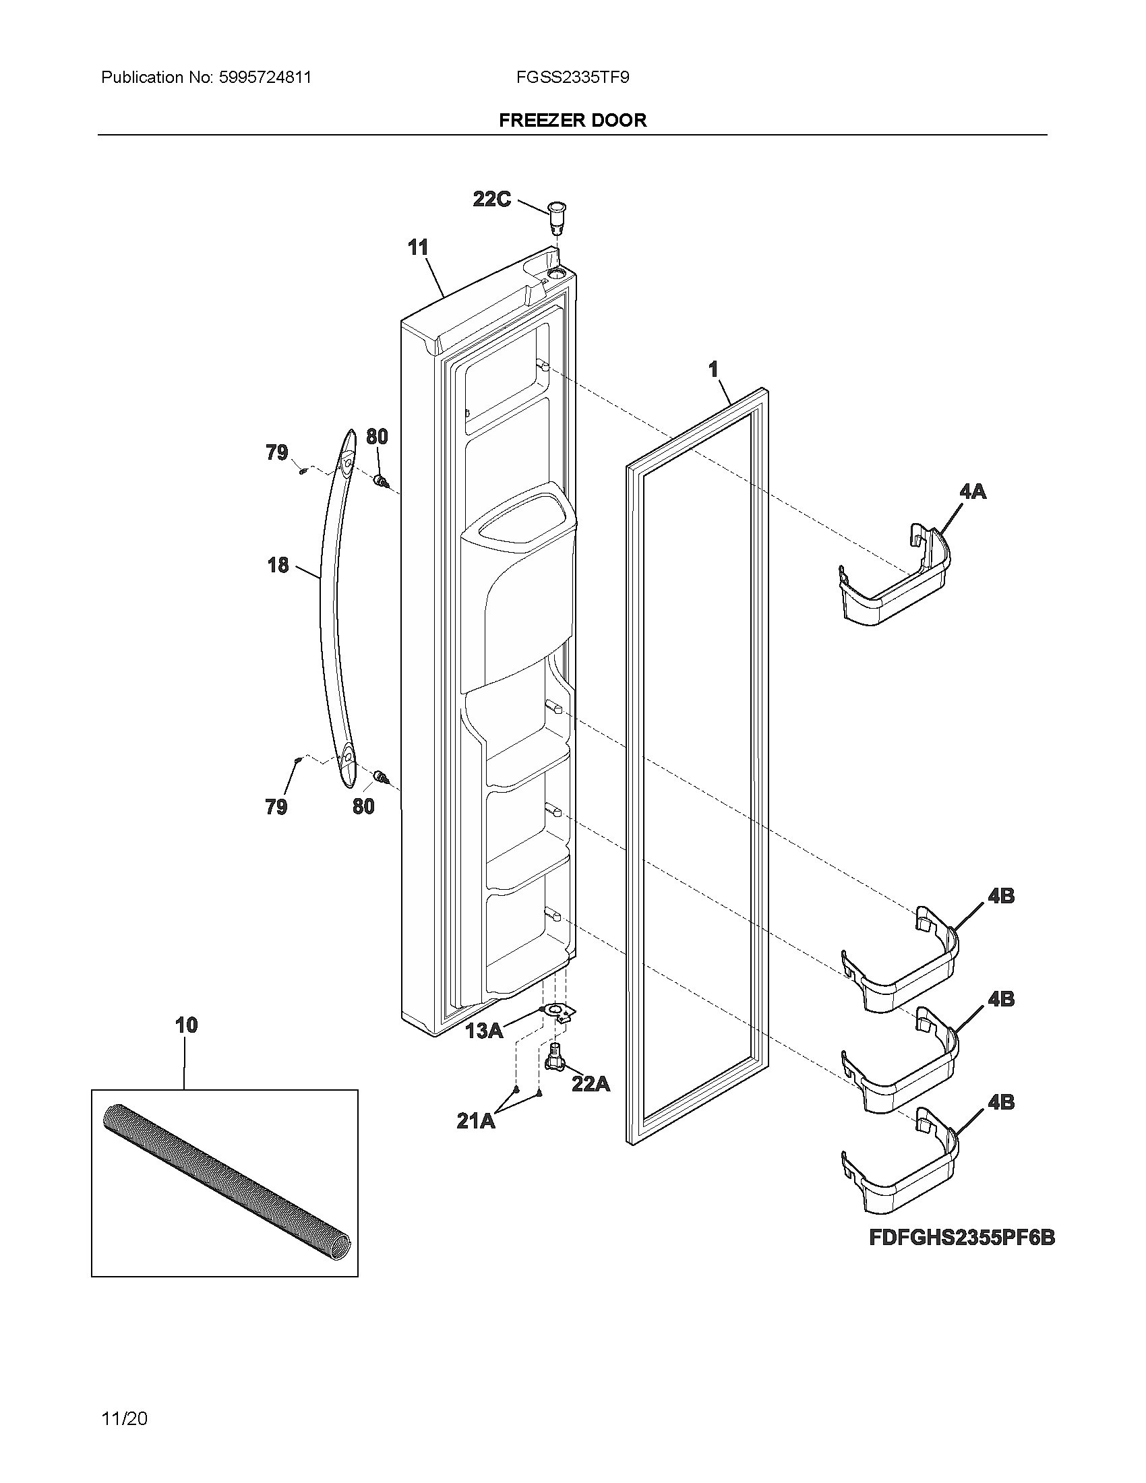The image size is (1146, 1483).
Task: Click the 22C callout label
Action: point(491,200)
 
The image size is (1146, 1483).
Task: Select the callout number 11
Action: point(418,248)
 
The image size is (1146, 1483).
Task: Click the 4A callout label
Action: point(973,491)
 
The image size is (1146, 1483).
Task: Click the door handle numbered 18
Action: point(330,611)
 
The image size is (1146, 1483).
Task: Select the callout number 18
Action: point(278,565)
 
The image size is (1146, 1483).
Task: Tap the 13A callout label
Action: point(484,1031)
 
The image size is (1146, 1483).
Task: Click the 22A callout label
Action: point(591,1084)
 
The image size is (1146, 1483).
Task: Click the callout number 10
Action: point(187,1025)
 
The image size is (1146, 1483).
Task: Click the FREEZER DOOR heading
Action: point(572,120)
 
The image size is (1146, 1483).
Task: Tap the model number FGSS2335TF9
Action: point(572,78)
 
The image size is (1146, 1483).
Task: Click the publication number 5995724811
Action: point(265,78)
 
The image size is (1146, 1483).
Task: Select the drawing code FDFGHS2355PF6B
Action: point(962,1238)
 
